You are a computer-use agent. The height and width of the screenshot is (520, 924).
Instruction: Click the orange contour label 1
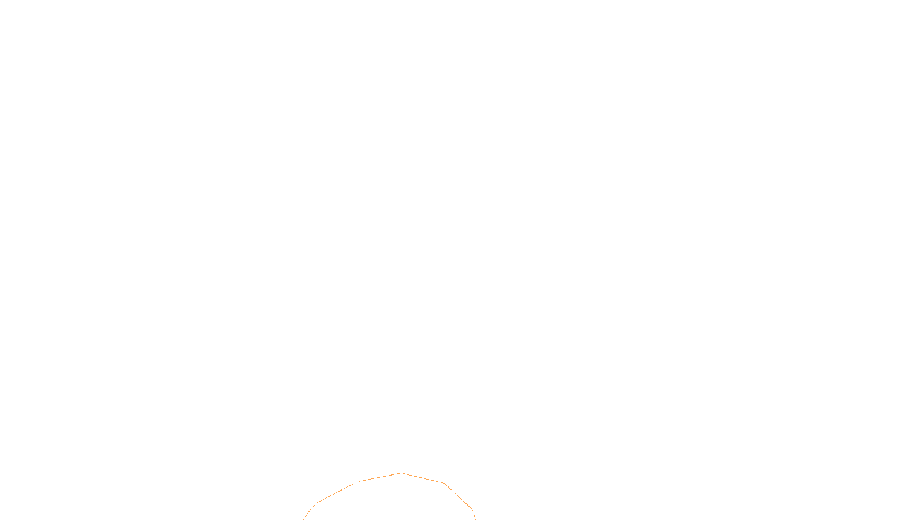[356, 482]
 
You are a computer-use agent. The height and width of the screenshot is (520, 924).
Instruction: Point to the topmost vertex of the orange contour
[401, 473]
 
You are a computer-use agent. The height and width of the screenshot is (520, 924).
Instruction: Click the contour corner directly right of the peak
[444, 483]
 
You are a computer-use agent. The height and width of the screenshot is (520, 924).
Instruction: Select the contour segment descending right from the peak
[423, 478]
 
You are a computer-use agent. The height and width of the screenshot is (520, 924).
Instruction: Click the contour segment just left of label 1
[336, 492]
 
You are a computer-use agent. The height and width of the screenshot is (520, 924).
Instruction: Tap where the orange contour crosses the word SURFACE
[473, 511]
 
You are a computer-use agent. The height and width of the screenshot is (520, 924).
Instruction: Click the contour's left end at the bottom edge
[304, 519]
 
